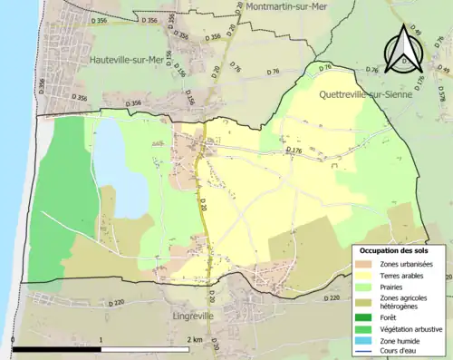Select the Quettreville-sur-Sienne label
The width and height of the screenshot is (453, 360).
pos(368,93)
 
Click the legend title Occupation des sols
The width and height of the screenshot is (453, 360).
pos(399,249)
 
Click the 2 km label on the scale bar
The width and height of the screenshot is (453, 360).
pos(193,339)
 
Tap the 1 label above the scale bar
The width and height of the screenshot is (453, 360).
pos(101,339)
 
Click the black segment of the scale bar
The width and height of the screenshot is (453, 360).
pos(55,349)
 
